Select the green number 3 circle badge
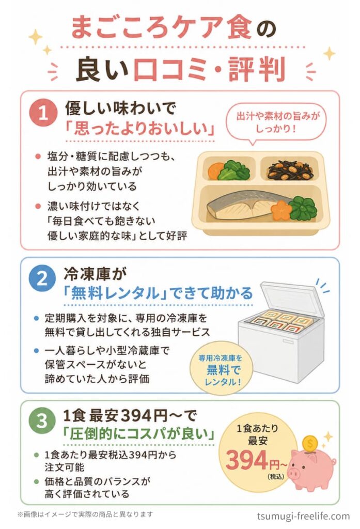pyautogui.click(x=42, y=421)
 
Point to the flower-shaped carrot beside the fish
pyautogui.click(x=281, y=209)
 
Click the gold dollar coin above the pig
pyautogui.click(x=310, y=442)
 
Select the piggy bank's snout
pyautogui.click(x=294, y=473)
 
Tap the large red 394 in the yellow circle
pyautogui.click(x=247, y=460)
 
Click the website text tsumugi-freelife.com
pyautogui.click(x=303, y=516)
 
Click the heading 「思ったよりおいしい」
pyautogui.click(x=140, y=129)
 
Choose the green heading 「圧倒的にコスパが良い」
pyautogui.click(x=138, y=434)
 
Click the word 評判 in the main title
pyautogui.click(x=257, y=70)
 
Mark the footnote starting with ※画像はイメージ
pyautogui.click(x=85, y=515)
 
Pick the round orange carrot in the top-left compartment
pyautogui.click(x=216, y=170)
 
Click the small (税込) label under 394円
pyautogui.click(x=276, y=477)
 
